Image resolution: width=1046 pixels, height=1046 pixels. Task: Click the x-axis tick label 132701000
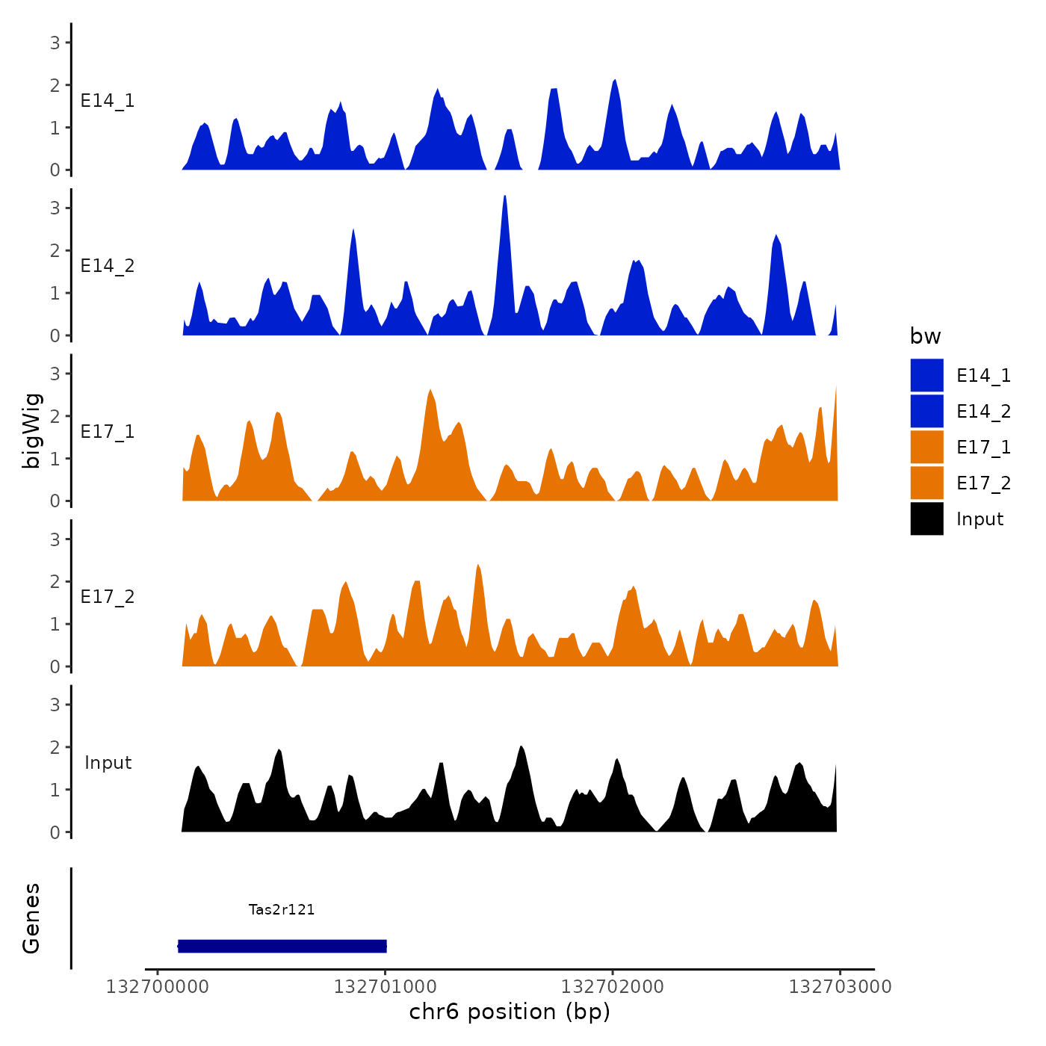(x=385, y=987)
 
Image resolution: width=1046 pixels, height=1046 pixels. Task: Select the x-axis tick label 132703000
(x=841, y=987)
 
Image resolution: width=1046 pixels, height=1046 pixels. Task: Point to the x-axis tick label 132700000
(x=158, y=987)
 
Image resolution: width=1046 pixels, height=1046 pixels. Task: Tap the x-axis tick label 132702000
(x=613, y=987)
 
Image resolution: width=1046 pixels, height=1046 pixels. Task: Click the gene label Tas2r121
(x=282, y=909)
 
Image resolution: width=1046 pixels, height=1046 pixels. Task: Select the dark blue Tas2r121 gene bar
(x=282, y=946)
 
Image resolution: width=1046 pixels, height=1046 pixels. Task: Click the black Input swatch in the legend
(x=926, y=519)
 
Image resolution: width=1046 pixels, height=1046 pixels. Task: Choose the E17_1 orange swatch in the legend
(x=926, y=447)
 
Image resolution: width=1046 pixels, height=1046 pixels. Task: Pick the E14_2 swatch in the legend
(x=926, y=411)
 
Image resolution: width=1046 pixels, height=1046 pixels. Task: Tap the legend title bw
(x=925, y=336)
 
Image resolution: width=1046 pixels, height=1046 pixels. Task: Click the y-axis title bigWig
(x=32, y=431)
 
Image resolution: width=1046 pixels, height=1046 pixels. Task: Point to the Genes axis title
(x=31, y=918)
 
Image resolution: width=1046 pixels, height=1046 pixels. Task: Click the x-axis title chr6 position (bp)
(x=510, y=1012)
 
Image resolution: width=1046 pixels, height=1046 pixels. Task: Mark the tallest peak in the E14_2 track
(x=505, y=197)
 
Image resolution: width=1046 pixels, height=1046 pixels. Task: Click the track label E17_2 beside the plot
(x=108, y=597)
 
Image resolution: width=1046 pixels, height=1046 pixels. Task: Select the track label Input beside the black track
(x=108, y=763)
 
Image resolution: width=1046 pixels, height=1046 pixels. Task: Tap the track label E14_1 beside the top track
(x=108, y=101)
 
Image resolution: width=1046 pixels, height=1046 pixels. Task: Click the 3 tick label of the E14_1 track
(x=55, y=43)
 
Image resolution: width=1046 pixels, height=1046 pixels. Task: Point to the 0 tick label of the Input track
(x=55, y=832)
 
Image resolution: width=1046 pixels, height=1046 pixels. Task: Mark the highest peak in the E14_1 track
(x=614, y=81)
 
